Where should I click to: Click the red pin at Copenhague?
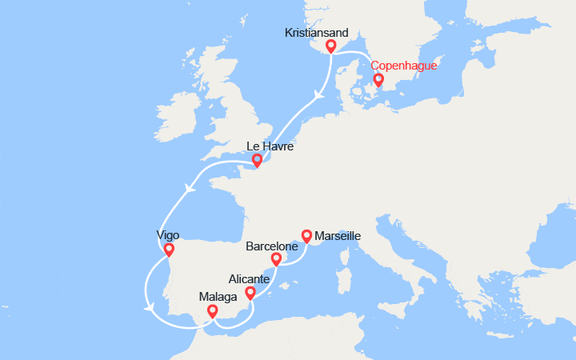[x=378, y=80]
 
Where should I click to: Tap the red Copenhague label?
[x=410, y=65]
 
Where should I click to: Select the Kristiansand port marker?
[x=330, y=46]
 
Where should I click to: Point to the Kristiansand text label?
[x=317, y=33]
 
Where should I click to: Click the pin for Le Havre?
[x=258, y=161]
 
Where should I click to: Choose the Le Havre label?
[x=270, y=147]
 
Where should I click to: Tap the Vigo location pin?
[x=168, y=250]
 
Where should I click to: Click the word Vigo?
[x=168, y=235]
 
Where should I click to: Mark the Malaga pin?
[x=212, y=311]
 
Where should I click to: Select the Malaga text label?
[x=218, y=297]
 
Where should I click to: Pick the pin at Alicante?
[x=250, y=293]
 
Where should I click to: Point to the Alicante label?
[x=250, y=279]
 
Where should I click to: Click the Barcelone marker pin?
[x=276, y=259]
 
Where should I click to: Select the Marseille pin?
[x=306, y=236]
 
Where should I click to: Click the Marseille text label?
[x=338, y=236]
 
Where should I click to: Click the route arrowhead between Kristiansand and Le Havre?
[x=318, y=94]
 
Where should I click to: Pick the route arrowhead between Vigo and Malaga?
[x=149, y=307]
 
